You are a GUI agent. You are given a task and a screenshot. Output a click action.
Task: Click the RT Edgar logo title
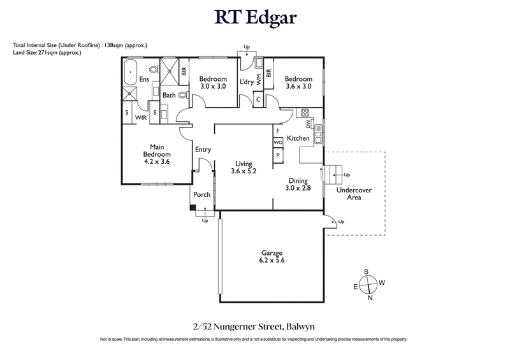tap(255, 17)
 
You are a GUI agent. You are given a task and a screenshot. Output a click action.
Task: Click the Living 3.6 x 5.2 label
tap(243, 167)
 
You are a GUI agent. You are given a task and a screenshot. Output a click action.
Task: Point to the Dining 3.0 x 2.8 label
tap(298, 184)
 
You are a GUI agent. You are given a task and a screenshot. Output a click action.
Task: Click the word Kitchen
tap(298, 138)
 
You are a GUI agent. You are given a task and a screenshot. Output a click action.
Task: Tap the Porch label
tap(202, 195)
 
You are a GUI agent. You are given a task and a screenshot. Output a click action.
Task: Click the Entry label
tap(203, 150)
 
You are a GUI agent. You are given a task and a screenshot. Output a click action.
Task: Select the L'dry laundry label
tap(246, 82)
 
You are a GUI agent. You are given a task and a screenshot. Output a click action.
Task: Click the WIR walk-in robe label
tap(140, 118)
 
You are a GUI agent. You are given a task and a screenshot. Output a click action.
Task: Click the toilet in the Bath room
tap(183, 95)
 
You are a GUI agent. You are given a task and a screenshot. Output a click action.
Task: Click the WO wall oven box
tap(278, 143)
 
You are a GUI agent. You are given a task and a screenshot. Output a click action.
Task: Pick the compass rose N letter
tap(370, 297)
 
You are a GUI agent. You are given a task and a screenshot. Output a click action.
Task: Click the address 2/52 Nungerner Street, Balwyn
tap(255, 326)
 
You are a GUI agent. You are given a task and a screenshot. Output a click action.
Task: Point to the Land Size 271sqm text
tap(47, 52)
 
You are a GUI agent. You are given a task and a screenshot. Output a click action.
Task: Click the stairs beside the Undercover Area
tap(333, 173)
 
